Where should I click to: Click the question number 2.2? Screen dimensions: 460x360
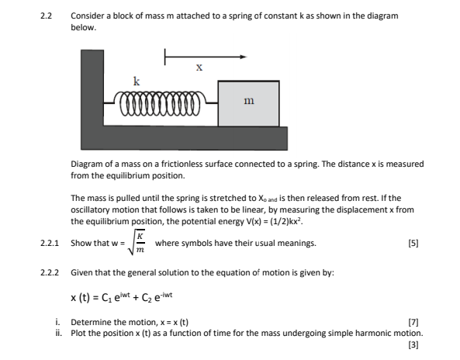pos(46,16)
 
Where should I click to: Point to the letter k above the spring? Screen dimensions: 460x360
pos(137,81)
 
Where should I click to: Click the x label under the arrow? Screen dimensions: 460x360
pos(200,67)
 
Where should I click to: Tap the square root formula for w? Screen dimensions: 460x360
pos(140,244)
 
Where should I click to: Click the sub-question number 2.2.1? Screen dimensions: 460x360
pos(50,244)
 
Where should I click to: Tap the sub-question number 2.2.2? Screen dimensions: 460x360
pos(50,273)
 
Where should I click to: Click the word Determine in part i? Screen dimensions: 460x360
pos(90,322)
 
